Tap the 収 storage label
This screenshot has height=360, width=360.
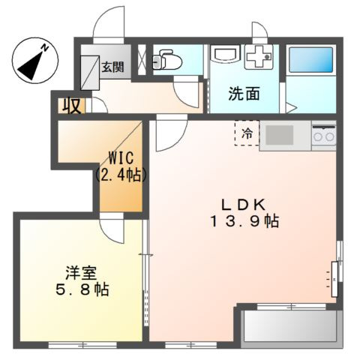tap(72, 105)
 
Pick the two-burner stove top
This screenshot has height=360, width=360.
tap(323, 136)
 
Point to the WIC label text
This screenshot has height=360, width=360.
tap(120, 159)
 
